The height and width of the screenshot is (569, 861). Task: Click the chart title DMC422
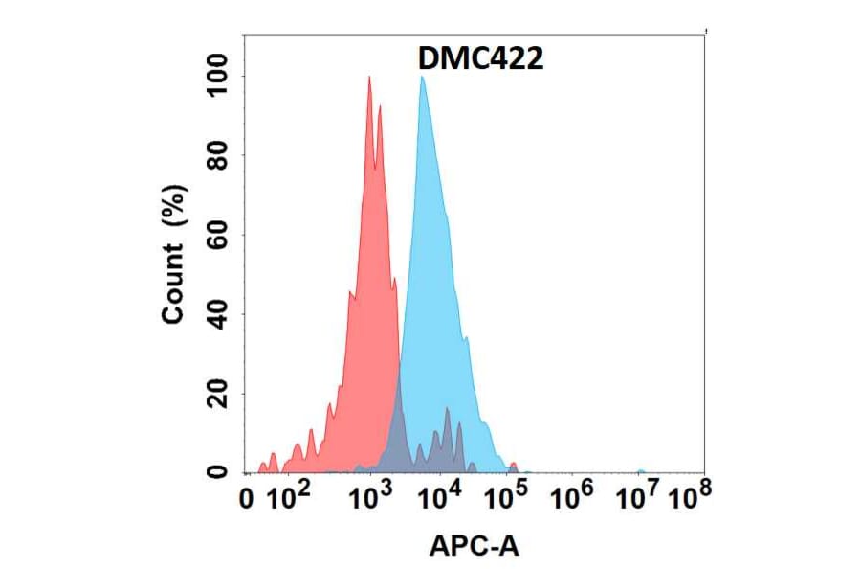pyautogui.click(x=481, y=59)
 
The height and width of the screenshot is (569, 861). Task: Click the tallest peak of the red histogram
pyautogui.click(x=369, y=79)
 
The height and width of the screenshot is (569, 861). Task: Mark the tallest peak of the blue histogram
pyautogui.click(x=422, y=79)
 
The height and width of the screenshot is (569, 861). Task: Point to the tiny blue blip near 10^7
pyautogui.click(x=640, y=470)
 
